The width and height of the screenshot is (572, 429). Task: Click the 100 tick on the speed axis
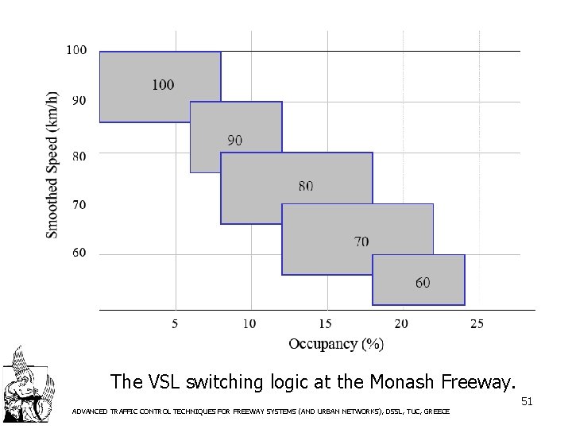76,50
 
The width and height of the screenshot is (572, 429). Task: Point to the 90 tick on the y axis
79,101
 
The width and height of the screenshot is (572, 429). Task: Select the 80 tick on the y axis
79,156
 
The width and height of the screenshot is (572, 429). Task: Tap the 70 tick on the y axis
79,205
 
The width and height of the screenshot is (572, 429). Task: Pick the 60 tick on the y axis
79,253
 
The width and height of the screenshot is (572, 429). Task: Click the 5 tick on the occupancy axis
175,323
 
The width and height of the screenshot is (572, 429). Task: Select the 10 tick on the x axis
249,323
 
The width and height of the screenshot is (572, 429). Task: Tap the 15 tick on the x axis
325,323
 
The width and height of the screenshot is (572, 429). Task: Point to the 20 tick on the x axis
400,323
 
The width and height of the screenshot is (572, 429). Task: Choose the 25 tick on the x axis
476,323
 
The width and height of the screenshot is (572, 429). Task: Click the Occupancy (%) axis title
336,343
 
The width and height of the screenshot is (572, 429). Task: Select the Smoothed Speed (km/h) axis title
52,164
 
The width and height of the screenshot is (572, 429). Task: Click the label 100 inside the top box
163,84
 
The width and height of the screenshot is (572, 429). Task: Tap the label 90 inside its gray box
235,140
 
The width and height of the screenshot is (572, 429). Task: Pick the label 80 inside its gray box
306,186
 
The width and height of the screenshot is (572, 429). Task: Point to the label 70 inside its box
361,241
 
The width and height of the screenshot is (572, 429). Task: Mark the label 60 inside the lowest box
423,282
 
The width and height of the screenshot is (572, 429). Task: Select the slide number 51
526,403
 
